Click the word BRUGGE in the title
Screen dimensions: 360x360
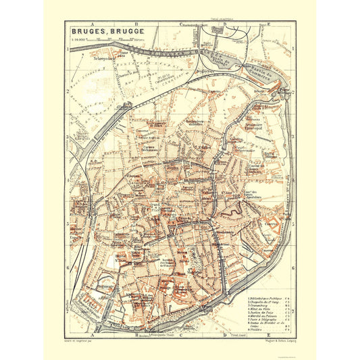[119, 31]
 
